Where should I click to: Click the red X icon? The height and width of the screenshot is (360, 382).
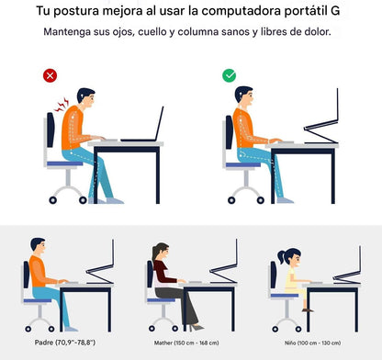tap(50, 75)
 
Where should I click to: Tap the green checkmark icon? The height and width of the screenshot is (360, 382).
tap(230, 75)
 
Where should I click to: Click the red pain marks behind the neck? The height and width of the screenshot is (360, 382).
tap(62, 105)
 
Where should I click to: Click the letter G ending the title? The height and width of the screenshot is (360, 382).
tap(335, 11)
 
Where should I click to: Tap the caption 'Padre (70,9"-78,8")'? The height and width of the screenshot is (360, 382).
tap(65, 343)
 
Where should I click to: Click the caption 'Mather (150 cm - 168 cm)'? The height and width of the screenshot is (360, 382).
tap(186, 343)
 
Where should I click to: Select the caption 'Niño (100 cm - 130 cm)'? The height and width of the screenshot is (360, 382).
tap(312, 343)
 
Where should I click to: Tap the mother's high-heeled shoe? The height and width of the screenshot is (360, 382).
tap(197, 328)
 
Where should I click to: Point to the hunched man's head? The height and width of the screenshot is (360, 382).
tap(86, 97)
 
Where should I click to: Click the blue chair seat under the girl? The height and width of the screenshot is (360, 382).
tap(285, 296)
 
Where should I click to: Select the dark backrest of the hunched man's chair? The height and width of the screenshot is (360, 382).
tap(51, 129)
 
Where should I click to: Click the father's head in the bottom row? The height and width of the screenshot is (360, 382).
tap(38, 246)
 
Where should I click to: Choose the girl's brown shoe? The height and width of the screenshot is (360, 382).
tap(308, 310)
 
